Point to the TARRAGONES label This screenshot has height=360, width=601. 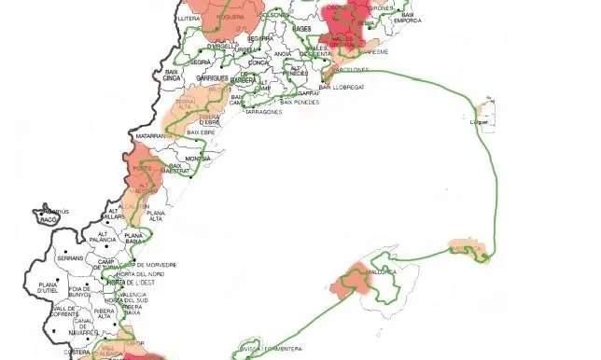[262, 111]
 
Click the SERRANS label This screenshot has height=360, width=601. [70, 257]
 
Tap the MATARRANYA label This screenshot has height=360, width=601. [151, 136]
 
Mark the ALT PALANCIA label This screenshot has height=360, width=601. [101, 238]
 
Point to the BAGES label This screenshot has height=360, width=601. [301, 30]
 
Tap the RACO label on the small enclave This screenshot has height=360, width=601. [62, 221]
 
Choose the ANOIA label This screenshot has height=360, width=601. [283, 54]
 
